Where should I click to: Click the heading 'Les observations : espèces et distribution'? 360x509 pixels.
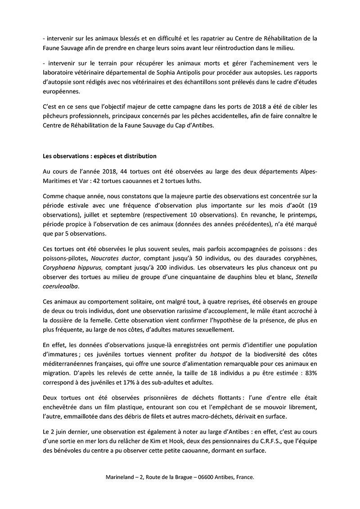(x=99, y=156)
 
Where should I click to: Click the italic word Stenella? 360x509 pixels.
(x=306, y=277)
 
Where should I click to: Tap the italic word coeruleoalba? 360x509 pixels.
(x=63, y=287)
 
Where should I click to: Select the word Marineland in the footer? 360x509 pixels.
(x=121, y=478)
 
